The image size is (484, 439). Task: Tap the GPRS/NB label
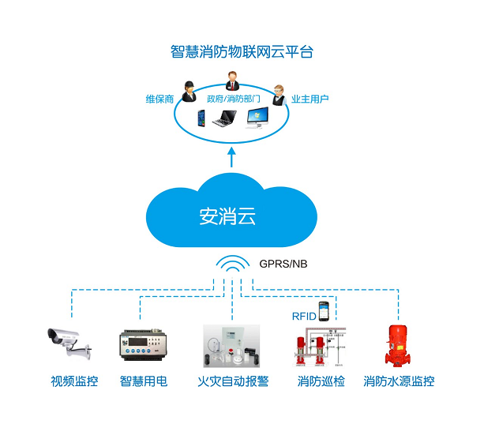pyautogui.click(x=283, y=262)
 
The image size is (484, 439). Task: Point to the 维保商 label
pyautogui.click(x=159, y=99)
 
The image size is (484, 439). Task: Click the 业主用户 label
pyautogui.click(x=310, y=99)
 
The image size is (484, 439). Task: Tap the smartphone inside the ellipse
pyautogui.click(x=201, y=119)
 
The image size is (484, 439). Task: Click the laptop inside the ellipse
pyautogui.click(x=223, y=120)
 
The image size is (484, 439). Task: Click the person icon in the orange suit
pyautogui.click(x=233, y=81)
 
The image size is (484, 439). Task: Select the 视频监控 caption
pyautogui.click(x=75, y=381)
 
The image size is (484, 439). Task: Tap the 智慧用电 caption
pyautogui.click(x=144, y=381)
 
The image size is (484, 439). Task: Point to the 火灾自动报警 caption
pyautogui.click(x=233, y=381)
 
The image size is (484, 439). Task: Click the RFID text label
pyautogui.click(x=304, y=316)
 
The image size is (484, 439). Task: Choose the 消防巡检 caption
pyautogui.click(x=321, y=381)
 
